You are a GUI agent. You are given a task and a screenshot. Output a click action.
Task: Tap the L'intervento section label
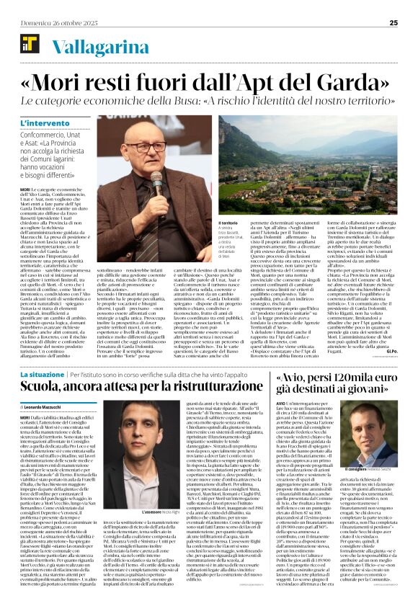click(x=44, y=125)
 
